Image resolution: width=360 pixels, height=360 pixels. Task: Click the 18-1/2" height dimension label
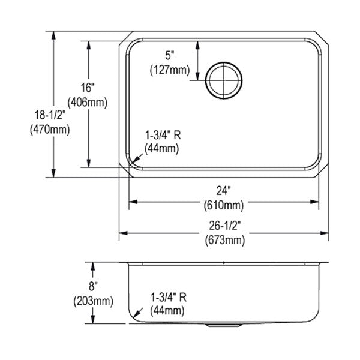(x=50, y=115)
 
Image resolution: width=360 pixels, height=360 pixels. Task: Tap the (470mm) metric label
(x=50, y=130)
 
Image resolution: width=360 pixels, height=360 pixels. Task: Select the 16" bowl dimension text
(x=88, y=88)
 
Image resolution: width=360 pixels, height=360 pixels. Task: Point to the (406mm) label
(x=88, y=102)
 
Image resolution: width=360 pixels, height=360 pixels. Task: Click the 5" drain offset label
(x=170, y=55)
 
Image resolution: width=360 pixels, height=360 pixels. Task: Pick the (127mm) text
(x=170, y=70)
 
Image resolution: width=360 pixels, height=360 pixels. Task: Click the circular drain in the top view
(x=224, y=80)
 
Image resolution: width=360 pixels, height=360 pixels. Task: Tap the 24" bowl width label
(x=224, y=191)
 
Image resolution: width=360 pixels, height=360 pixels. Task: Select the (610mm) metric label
(x=224, y=205)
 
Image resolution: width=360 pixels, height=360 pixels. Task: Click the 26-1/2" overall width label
(x=225, y=226)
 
